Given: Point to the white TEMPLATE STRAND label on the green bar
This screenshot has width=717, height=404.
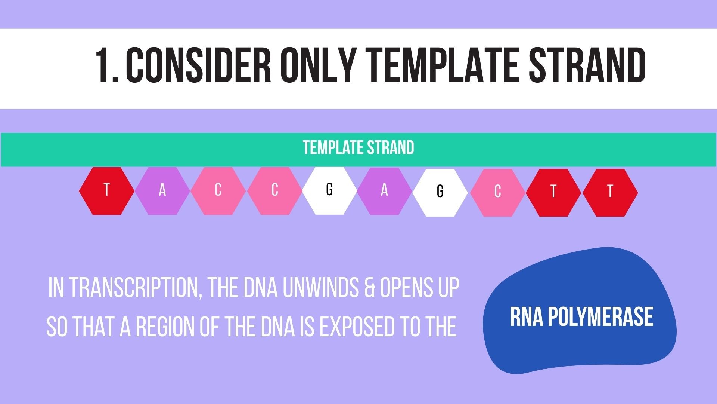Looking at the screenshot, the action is [358, 148].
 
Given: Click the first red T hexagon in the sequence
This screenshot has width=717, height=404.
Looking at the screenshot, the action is [106, 191].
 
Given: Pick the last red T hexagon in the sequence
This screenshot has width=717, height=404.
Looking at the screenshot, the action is [610, 192].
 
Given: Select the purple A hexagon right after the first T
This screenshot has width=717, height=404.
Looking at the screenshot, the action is [162, 191].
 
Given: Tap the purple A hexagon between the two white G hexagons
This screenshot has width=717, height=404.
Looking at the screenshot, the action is [384, 191].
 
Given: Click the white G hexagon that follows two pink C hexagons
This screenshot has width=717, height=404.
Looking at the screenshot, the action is [329, 190].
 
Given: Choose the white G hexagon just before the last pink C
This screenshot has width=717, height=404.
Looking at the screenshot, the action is [440, 192].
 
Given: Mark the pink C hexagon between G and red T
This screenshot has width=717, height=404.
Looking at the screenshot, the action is [497, 192].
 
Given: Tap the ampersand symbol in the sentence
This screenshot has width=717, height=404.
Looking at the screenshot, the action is [368, 288].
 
